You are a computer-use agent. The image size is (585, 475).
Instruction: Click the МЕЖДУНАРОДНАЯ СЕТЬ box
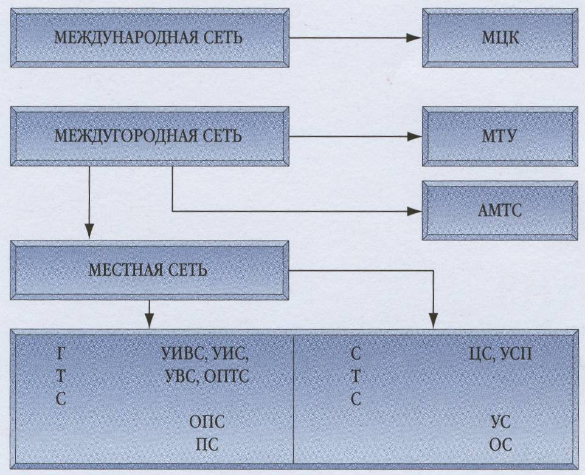coord(148,37)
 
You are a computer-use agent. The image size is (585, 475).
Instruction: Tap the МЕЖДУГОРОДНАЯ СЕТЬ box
coord(148,135)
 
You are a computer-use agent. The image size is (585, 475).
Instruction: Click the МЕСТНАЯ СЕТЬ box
coord(148,270)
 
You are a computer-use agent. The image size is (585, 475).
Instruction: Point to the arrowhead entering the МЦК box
coord(414,37)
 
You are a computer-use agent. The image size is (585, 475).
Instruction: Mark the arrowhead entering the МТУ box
coord(414,135)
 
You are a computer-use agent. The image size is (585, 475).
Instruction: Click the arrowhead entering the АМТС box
coord(414,211)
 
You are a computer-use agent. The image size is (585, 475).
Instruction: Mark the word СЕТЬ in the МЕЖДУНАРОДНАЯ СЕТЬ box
coord(221,38)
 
